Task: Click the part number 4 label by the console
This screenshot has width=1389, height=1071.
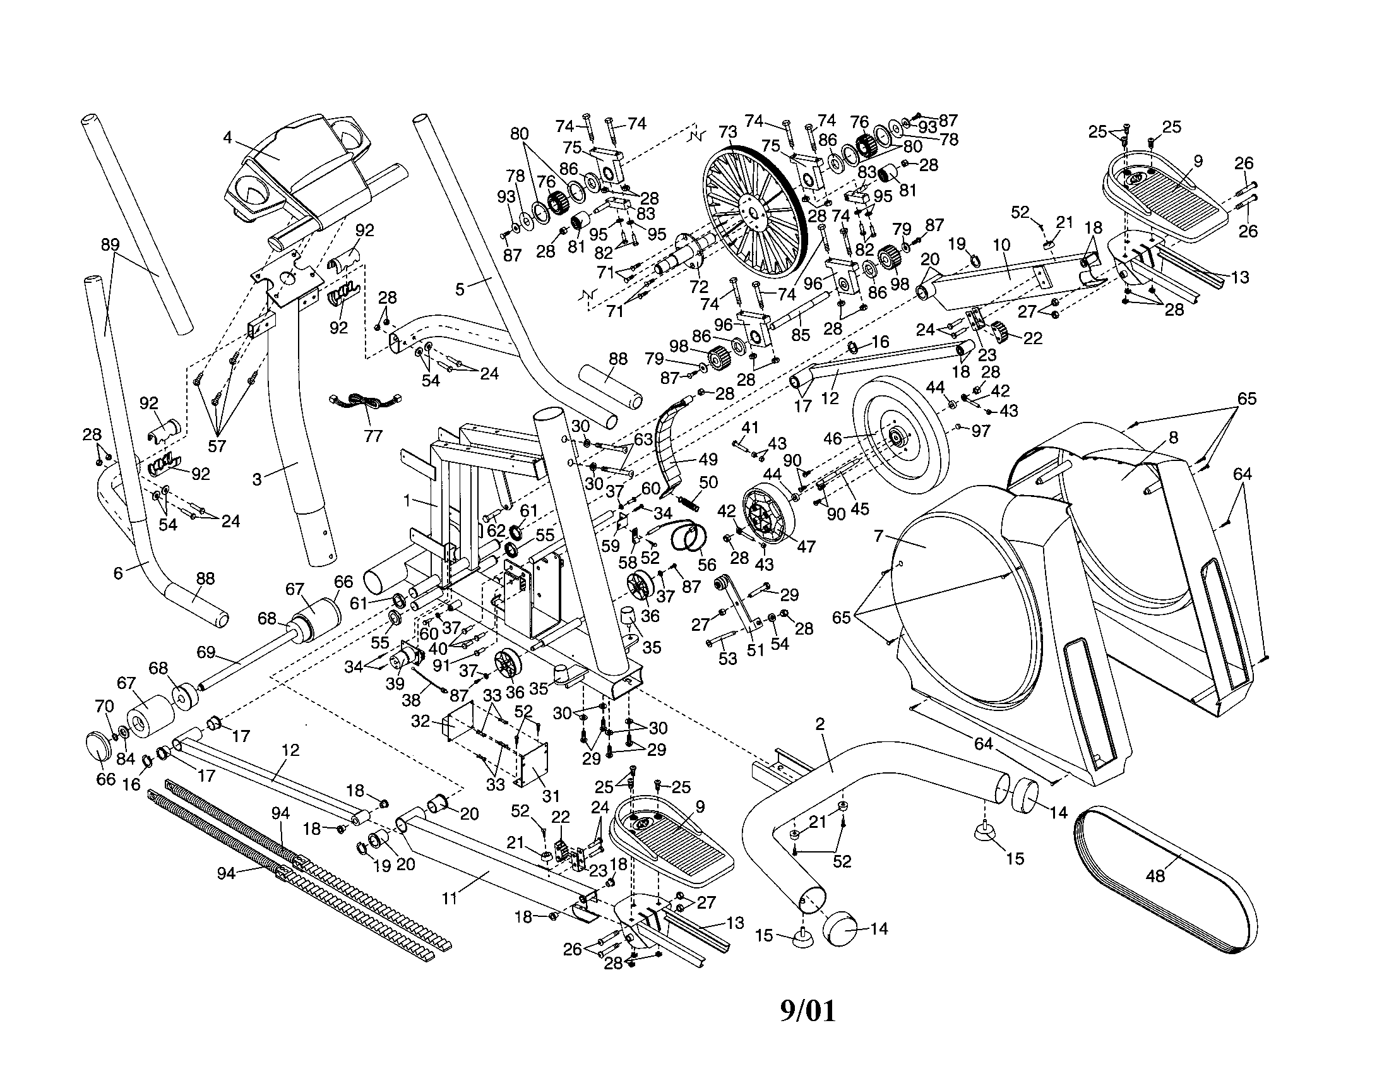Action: coord(227,137)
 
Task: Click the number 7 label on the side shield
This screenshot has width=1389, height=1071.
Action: coord(879,536)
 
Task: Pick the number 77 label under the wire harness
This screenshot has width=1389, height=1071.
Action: coord(373,436)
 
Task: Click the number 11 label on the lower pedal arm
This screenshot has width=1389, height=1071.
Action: coord(450,899)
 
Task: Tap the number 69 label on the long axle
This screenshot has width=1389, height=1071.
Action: coord(205,652)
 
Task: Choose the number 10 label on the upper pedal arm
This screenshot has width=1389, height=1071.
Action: coord(1001,244)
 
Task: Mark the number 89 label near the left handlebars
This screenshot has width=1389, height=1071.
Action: coord(110,244)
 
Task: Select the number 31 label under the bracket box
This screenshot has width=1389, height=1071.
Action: coord(551,795)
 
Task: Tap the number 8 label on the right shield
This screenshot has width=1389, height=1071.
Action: coord(1173,438)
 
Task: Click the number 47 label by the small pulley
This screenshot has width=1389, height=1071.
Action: coord(806,546)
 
